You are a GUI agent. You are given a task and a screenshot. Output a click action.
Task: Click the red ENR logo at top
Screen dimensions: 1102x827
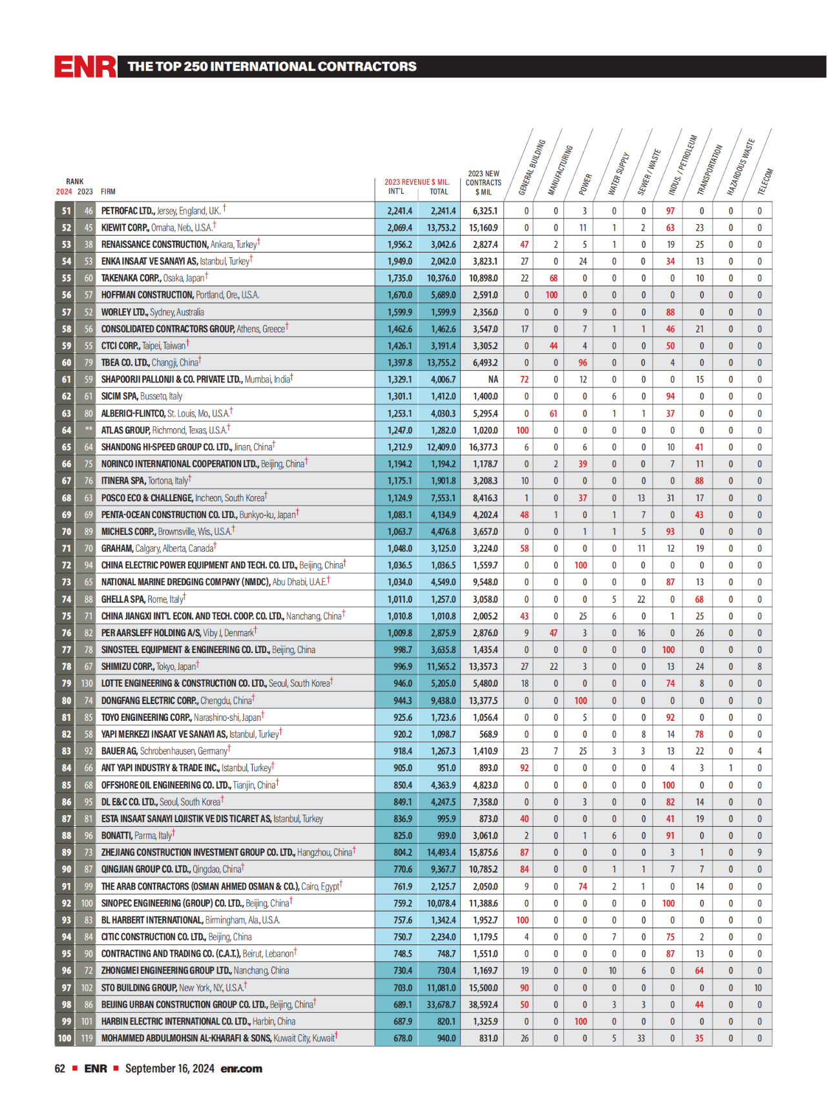click(85, 67)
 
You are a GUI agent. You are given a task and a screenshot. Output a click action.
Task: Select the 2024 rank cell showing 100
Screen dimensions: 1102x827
click(65, 1038)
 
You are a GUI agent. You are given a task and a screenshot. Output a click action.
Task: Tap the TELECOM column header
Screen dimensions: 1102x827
click(765, 182)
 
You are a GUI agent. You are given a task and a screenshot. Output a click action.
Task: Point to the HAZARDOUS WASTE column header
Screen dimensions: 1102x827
click(740, 167)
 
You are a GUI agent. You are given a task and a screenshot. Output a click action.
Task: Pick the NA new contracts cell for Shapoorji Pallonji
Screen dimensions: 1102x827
click(493, 380)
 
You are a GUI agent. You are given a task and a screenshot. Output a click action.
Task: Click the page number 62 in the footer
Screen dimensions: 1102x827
click(60, 1068)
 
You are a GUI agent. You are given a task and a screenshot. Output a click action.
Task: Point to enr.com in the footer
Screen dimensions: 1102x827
click(241, 1068)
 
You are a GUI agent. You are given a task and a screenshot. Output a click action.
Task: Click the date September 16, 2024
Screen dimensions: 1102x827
click(169, 1068)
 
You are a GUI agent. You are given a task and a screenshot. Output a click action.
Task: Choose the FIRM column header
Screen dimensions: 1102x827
click(108, 192)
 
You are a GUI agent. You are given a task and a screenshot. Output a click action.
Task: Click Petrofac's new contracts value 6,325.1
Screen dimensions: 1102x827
click(485, 211)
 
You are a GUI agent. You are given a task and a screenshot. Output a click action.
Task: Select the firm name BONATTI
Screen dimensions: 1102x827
click(116, 836)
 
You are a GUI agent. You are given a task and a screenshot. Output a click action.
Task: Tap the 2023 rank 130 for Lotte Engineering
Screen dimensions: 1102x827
click(87, 683)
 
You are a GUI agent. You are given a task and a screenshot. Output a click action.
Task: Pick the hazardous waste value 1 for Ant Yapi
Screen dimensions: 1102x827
click(731, 768)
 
